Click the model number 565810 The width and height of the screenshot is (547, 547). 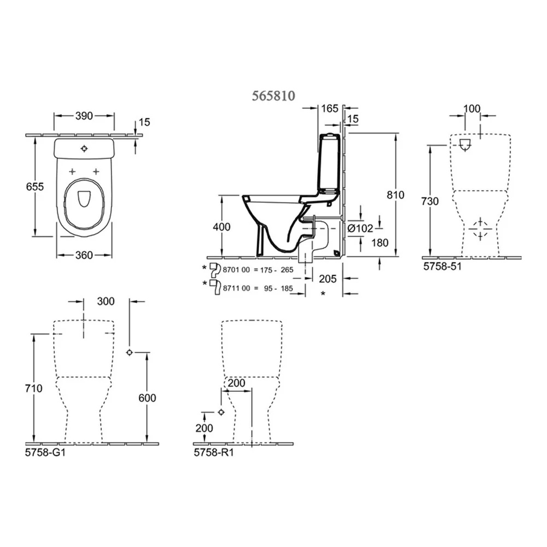273,95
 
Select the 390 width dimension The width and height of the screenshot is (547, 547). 84,116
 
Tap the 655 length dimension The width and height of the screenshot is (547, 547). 35,187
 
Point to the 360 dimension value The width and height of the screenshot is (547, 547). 84,255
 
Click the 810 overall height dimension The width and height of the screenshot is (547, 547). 395,195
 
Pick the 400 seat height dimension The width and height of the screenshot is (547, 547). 222,227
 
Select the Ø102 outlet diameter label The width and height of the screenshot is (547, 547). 360,229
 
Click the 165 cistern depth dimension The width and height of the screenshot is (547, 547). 330,108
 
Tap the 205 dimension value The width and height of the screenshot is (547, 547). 328,278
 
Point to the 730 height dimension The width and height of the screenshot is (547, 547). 430,201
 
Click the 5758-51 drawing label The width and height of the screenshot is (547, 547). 443,266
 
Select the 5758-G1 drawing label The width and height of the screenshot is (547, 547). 45,452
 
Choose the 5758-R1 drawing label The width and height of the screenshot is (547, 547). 214,452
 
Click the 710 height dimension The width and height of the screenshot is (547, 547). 33,388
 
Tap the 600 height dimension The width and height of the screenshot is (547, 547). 147,398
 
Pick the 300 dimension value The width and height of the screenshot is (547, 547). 106,301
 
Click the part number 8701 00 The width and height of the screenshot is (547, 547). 236,270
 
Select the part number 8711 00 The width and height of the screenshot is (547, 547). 236,288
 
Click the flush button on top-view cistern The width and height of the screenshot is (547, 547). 84,149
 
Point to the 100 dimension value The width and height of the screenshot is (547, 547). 472,109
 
